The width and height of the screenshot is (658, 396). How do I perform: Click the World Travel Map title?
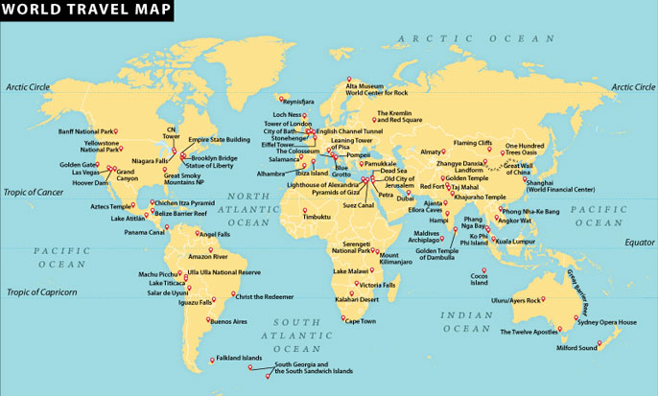86,11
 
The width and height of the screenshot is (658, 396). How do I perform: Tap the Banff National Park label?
86,130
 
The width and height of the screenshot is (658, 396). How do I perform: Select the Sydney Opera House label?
604,323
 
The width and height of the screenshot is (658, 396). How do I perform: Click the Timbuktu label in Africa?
316,217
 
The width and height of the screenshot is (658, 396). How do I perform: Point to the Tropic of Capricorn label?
40,291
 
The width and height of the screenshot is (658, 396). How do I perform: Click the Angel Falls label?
213,233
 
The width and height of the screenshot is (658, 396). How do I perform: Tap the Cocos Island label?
480,279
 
